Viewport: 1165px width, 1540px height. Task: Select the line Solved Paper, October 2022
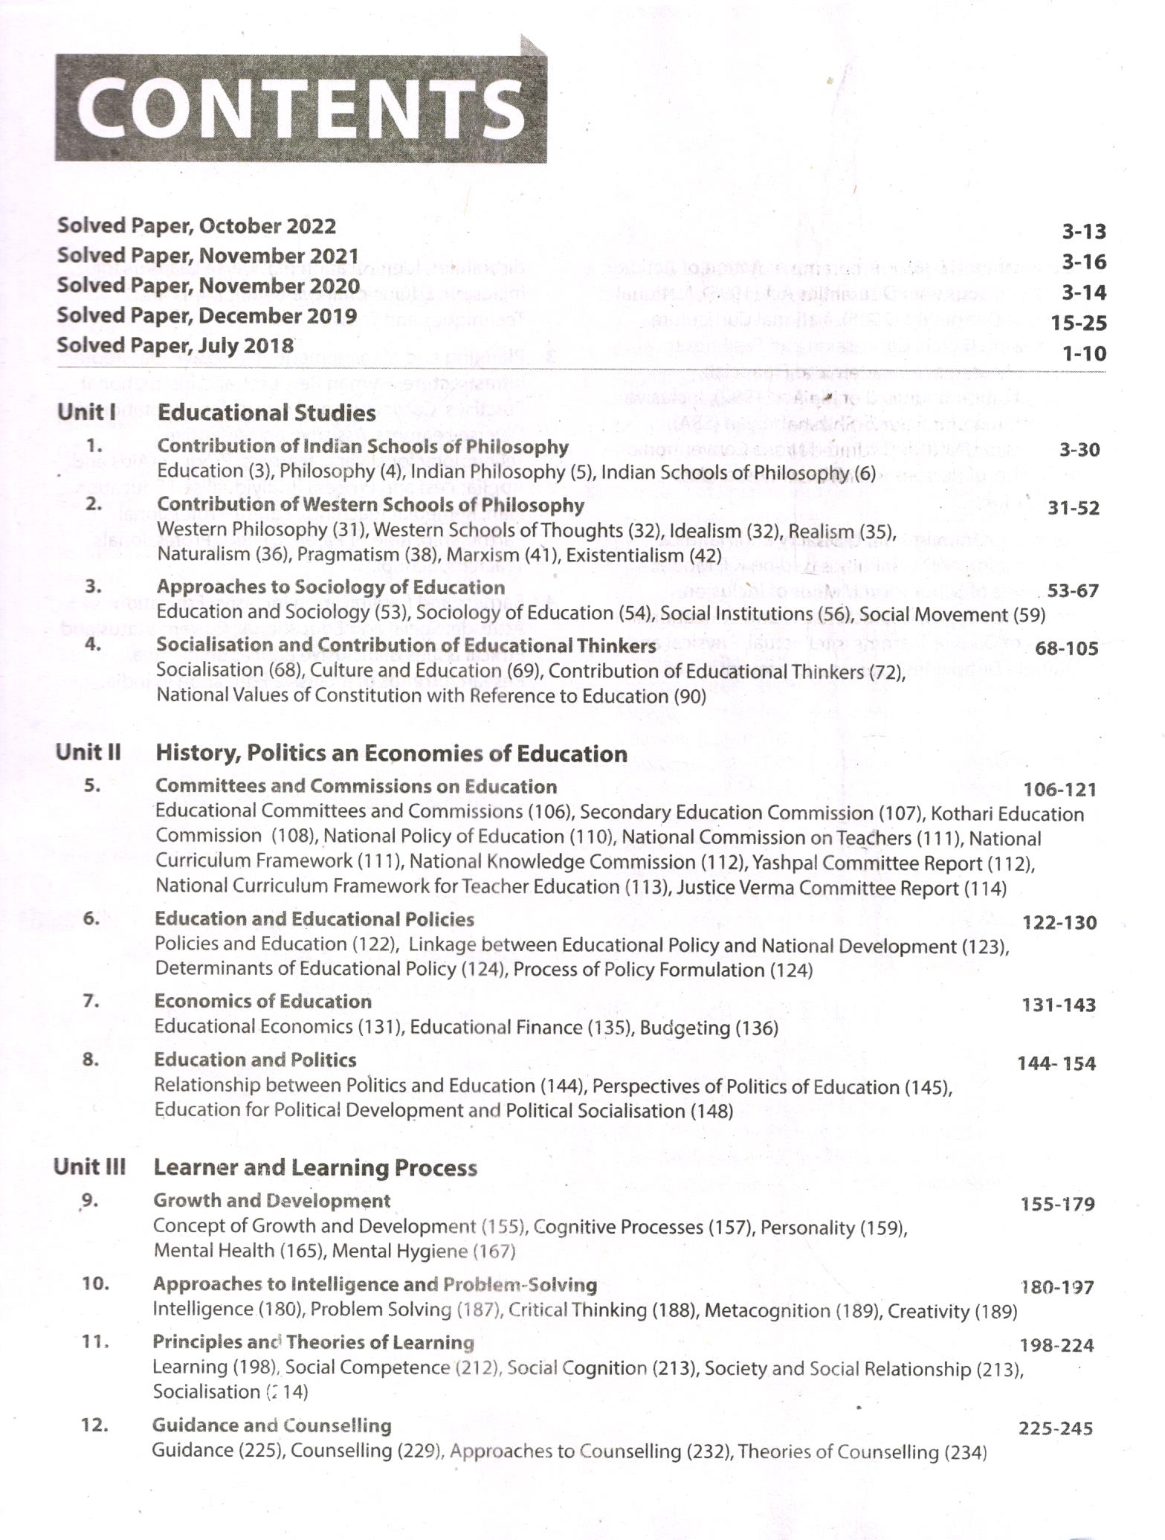pos(196,226)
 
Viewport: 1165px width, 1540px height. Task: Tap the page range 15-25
pos(1078,323)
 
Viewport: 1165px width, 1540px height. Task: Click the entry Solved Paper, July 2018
pos(175,346)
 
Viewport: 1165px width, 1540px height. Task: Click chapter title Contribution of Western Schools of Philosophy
pos(370,505)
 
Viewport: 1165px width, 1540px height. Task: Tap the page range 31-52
pos(1073,509)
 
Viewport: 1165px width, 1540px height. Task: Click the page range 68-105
pos(1066,648)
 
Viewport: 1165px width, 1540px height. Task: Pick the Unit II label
pos(88,753)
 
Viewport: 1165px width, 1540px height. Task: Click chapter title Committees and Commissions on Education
pos(355,787)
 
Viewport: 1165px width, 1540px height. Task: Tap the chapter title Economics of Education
pos(262,1002)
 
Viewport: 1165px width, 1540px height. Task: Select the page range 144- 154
pos(1056,1064)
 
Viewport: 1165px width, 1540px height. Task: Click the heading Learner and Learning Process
pos(314,1168)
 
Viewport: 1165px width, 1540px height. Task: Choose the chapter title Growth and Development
pos(271,1201)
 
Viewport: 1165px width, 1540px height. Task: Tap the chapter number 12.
pos(95,1425)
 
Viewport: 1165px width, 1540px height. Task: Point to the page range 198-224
pos(1056,1345)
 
